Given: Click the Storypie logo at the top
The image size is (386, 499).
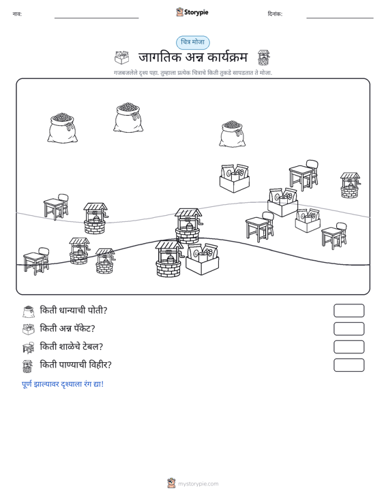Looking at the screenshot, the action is pos(192,12).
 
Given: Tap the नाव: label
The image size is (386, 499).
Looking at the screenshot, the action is pos(17,14).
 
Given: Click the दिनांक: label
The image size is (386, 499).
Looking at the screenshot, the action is pos(275,14).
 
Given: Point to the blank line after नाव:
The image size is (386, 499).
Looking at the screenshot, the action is pos(97,18).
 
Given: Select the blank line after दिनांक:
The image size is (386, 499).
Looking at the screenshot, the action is pos(340,18).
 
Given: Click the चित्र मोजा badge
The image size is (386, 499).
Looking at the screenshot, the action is pos(193,42).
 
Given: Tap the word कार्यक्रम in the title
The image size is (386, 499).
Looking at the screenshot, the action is pos(227,57).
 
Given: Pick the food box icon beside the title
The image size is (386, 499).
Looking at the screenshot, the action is pos(122,57).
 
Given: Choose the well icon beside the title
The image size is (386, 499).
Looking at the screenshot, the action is pos(264,57).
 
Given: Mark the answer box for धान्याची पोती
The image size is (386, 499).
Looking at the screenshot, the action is pos(348,310).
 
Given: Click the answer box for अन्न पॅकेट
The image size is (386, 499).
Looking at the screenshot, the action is pos(348,329).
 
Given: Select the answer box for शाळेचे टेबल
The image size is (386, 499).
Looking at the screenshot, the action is pos(348,347).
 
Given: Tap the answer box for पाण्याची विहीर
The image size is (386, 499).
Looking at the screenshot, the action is pos(348,365).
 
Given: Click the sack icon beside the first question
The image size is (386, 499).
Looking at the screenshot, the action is pos(29,312).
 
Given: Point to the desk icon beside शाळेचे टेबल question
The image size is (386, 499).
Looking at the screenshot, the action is pos(29,348).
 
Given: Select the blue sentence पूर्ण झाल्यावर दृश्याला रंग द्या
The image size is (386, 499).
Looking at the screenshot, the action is pos(63,384).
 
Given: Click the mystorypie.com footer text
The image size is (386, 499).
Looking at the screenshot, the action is pos(198,484).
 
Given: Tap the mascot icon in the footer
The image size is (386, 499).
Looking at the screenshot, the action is pos(171,483).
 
